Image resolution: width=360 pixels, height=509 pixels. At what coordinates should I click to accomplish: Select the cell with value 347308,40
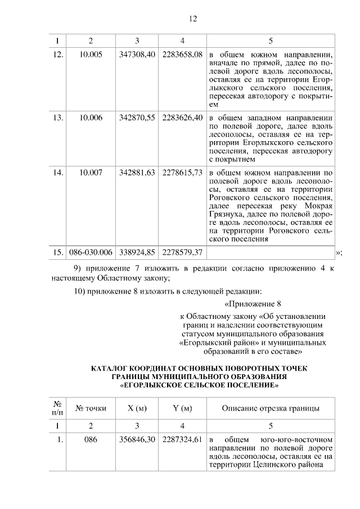pyautogui.click(x=137, y=55)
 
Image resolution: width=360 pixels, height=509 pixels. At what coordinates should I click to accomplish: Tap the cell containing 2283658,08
pyautogui.click(x=182, y=55)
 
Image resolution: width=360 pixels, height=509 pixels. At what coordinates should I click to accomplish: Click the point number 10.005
pyautogui.click(x=91, y=55)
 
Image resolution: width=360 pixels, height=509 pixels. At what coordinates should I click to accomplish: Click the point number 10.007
pyautogui.click(x=91, y=172)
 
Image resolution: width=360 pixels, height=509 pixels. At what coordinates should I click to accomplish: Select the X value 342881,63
pyautogui.click(x=137, y=172)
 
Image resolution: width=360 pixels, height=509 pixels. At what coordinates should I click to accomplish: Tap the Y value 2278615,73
pyautogui.click(x=182, y=172)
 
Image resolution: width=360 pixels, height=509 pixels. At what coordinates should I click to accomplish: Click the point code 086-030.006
pyautogui.click(x=91, y=251)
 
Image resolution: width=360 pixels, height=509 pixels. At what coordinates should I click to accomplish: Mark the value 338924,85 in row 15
pyautogui.click(x=137, y=251)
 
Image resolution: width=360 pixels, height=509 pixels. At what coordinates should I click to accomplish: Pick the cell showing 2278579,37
pyautogui.click(x=182, y=251)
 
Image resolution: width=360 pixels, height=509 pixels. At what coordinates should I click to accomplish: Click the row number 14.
pyautogui.click(x=57, y=172)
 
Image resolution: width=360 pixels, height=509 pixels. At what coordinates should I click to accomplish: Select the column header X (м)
pyautogui.click(x=137, y=408)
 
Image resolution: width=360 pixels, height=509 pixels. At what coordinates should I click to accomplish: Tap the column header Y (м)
pyautogui.click(x=182, y=408)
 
